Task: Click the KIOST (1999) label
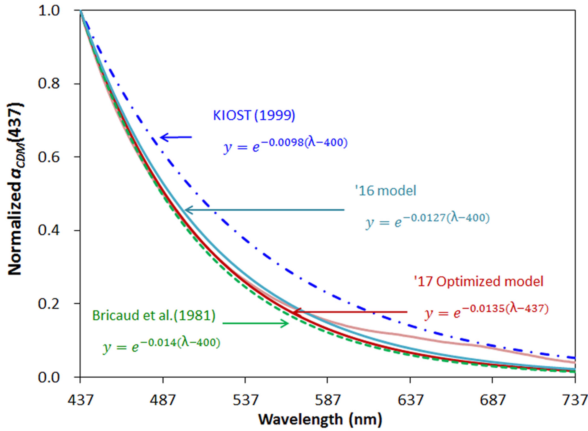tap(254, 115)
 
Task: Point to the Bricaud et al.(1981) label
tap(154, 315)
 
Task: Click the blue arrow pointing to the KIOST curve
tap(176, 137)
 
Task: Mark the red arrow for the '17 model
tap(349, 312)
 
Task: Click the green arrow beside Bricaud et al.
tap(255, 323)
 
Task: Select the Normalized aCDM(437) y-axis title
tap(15, 189)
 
